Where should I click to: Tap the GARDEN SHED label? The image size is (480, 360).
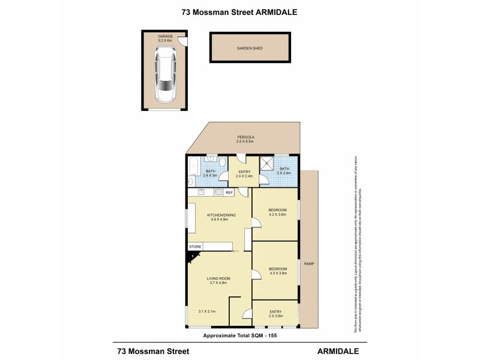tap(250, 49)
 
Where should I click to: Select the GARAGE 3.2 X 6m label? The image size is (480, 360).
tap(165, 38)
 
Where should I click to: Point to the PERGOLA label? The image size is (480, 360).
tap(245, 139)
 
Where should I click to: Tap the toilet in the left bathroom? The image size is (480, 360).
tap(222, 162)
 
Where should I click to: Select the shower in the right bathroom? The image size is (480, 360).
tap(267, 163)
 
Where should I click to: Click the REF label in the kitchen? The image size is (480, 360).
tap(229, 192)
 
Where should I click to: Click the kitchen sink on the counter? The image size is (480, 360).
tap(202, 192)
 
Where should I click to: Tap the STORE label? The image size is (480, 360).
tap(195, 247)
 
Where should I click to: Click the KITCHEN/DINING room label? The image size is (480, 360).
tap(221, 217)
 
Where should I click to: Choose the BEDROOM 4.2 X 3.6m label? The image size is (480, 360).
tap(277, 212)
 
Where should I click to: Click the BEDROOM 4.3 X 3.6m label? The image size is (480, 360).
tap(277, 271)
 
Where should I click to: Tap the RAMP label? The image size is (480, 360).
tap(309, 264)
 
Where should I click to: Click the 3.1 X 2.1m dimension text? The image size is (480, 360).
tap(206, 311)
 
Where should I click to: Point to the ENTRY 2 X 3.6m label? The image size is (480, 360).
tap(275, 314)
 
